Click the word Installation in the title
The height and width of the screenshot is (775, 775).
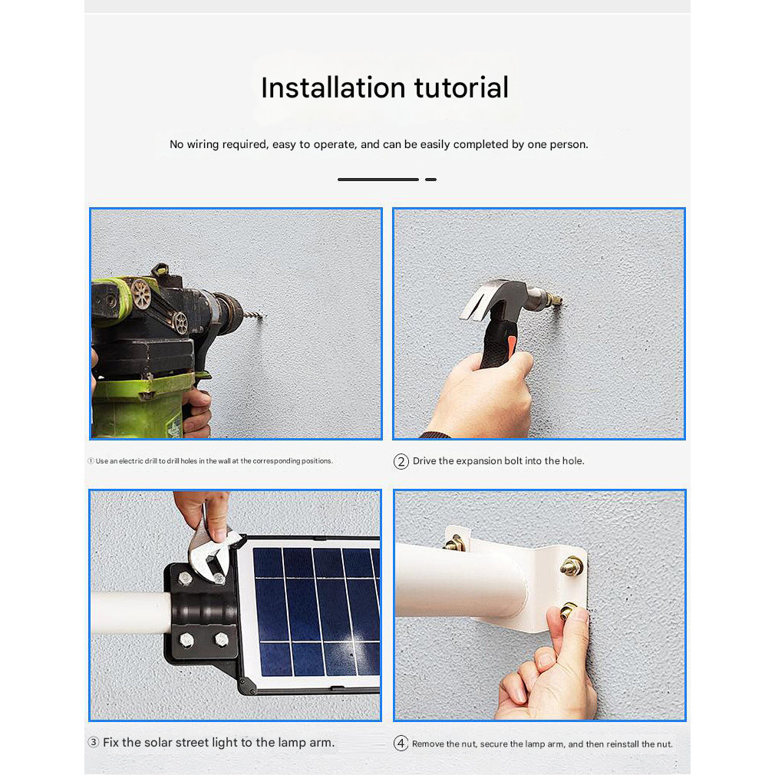click(x=334, y=88)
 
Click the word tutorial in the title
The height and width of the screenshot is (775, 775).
click(x=461, y=88)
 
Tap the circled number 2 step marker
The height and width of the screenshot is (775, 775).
click(x=401, y=462)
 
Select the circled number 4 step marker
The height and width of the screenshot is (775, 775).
click(x=401, y=744)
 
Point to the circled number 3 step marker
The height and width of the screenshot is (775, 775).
click(x=94, y=742)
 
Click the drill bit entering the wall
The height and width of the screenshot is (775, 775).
click(x=252, y=315)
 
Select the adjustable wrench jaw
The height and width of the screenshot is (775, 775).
click(x=209, y=553)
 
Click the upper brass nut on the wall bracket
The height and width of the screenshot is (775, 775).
click(x=572, y=566)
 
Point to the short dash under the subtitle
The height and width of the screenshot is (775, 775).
click(x=430, y=180)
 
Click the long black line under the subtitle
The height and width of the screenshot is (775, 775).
click(x=378, y=180)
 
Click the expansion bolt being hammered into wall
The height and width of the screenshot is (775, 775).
click(x=552, y=299)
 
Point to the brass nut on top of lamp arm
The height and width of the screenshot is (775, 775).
click(x=453, y=543)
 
